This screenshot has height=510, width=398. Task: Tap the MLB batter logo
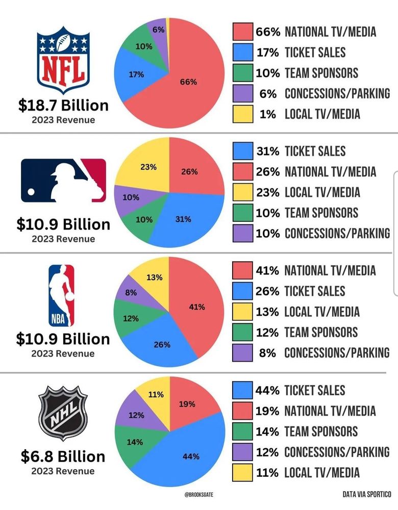coord(63,180)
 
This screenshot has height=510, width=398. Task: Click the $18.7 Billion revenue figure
coord(63,106)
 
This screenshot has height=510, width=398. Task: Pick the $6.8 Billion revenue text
coord(63,456)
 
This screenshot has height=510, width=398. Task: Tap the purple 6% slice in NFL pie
coord(158,32)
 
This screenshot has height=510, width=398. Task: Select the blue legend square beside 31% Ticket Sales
coord(242,151)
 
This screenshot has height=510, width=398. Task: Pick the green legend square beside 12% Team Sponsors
coord(242,332)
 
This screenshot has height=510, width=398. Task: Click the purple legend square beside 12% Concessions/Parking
coord(242,451)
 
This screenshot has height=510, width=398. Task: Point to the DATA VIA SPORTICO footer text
coord(366,494)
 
